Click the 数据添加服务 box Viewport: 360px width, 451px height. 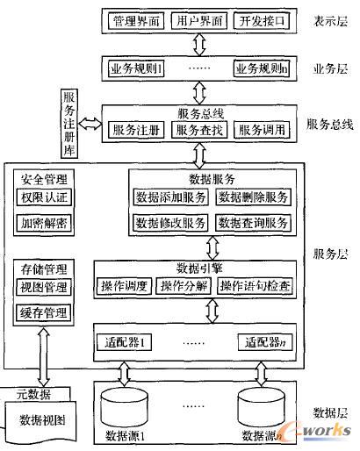coord(171,197)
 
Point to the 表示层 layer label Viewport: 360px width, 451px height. coord(331,20)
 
